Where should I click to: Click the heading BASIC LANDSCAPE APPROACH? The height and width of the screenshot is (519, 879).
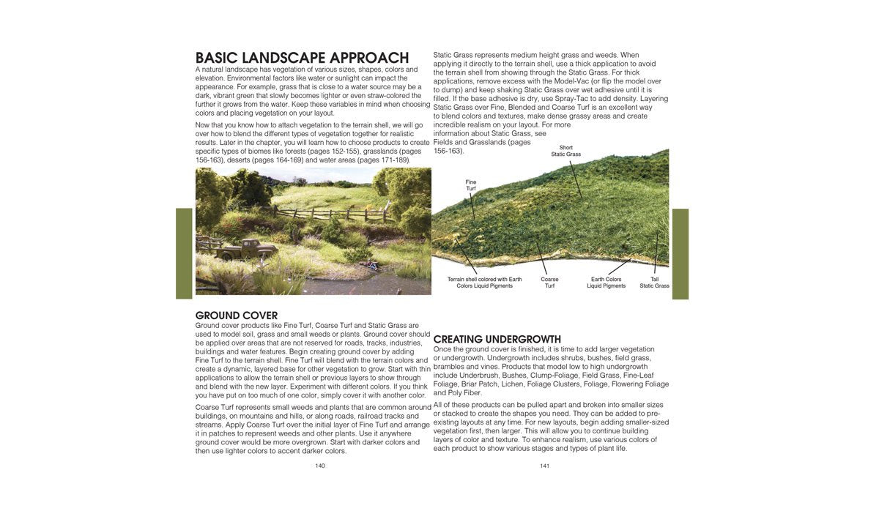point(302,58)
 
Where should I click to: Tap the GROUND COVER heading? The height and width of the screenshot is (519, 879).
point(237,315)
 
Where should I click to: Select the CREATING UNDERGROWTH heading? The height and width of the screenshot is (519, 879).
point(497,340)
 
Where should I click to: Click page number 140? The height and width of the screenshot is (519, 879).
point(320,466)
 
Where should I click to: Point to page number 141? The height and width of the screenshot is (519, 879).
point(544,466)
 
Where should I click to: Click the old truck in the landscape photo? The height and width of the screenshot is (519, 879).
point(247,250)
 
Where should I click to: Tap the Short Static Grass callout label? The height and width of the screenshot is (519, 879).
point(565,151)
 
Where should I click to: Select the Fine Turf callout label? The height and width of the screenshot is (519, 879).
point(471,185)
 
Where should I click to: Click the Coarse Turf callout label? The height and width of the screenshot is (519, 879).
point(549,283)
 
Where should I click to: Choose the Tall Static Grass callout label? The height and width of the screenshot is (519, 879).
point(654,283)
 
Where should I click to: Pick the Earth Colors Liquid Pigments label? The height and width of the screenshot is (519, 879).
point(606,283)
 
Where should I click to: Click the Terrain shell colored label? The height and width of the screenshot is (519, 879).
point(484,283)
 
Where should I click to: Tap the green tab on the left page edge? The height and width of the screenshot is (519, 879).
point(184,253)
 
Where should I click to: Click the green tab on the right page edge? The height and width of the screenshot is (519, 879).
point(680,254)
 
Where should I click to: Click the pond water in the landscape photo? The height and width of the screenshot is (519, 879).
point(352,282)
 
